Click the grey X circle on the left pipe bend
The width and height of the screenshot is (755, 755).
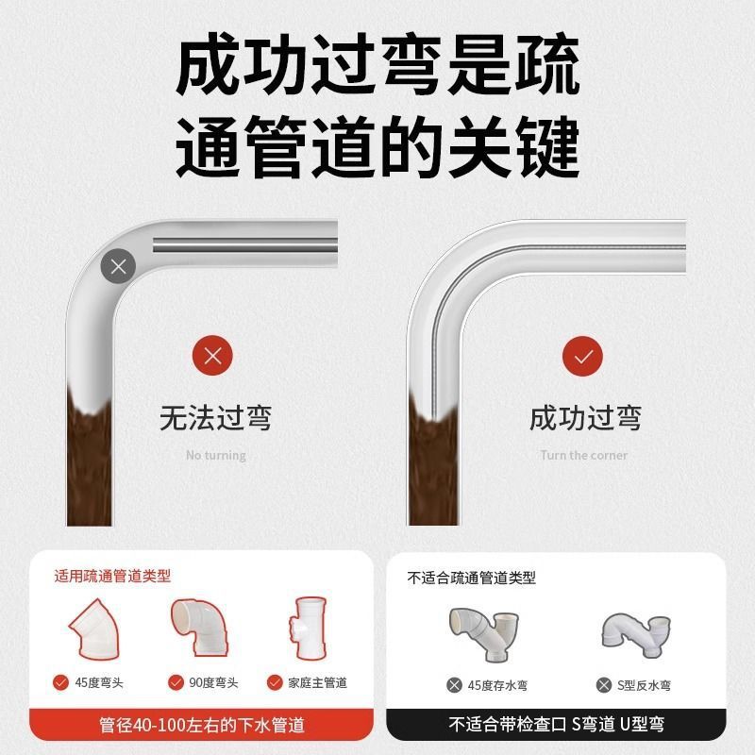[118, 266]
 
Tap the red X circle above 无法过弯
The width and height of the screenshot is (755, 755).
[213, 356]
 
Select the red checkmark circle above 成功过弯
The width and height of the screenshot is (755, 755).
[583, 356]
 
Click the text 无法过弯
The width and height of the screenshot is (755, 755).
[215, 417]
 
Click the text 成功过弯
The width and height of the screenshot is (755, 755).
[584, 417]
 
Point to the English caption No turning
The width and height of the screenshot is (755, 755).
[215, 455]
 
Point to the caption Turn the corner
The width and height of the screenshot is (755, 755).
[583, 455]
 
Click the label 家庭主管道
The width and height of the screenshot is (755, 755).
[317, 682]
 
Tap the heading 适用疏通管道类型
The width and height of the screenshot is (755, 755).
[112, 575]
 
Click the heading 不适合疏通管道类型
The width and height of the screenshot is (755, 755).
[471, 577]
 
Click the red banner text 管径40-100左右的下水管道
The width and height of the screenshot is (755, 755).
[202, 726]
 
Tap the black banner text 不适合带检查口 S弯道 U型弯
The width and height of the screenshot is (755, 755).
[556, 726]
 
